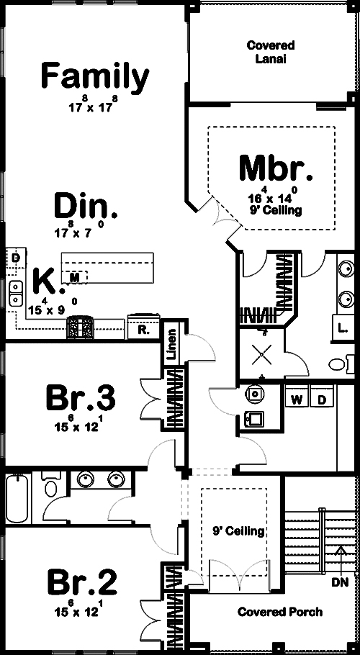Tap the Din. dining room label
pos(86,207)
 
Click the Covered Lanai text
pos(266,52)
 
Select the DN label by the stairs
pos(341,581)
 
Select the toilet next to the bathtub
pos(50,487)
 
